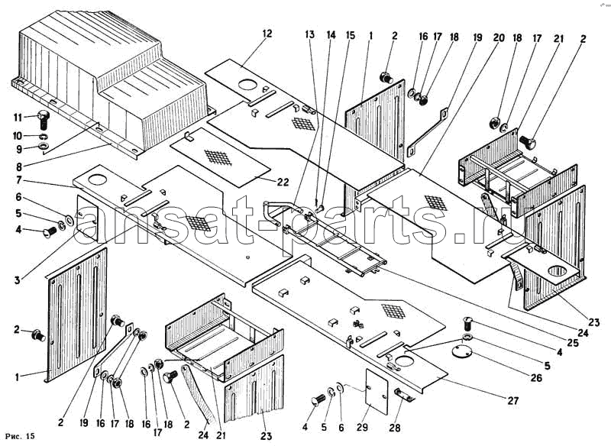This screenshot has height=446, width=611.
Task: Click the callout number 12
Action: point(267,34)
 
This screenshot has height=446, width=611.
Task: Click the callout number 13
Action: point(309,35)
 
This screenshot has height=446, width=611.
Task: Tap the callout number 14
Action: point(330,35)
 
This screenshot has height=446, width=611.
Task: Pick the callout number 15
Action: point(351,35)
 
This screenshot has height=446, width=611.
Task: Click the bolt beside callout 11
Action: point(44,118)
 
